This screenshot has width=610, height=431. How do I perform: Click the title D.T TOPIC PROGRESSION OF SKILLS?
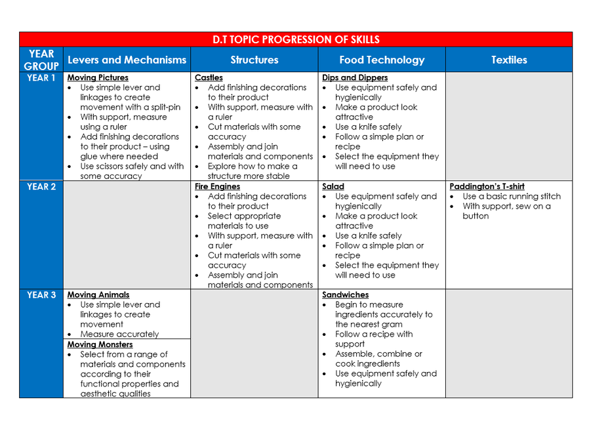click(x=296, y=39)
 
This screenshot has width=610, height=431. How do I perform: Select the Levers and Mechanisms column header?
click(x=127, y=60)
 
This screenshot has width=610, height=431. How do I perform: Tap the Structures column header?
click(x=254, y=60)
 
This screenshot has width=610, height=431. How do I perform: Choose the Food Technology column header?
click(x=382, y=60)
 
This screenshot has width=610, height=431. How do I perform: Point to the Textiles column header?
click(x=509, y=60)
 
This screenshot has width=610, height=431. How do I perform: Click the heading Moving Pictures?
click(x=98, y=77)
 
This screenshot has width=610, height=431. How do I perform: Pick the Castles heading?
click(x=209, y=77)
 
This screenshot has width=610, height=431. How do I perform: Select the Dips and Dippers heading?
click(x=355, y=77)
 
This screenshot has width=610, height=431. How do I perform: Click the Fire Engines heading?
click(x=217, y=186)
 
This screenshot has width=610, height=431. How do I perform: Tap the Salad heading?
click(x=333, y=186)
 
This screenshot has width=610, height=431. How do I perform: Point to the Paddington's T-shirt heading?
click(x=487, y=186)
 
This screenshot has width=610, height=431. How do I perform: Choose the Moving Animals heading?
click(x=98, y=295)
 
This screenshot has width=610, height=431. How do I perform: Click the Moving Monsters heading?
click(x=100, y=344)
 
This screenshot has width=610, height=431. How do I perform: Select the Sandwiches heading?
click(x=346, y=295)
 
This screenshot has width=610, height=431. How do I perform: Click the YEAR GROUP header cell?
click(x=41, y=60)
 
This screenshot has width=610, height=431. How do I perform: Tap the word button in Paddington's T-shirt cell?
click(x=476, y=216)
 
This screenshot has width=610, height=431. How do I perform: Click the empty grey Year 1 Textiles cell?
click(x=509, y=126)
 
